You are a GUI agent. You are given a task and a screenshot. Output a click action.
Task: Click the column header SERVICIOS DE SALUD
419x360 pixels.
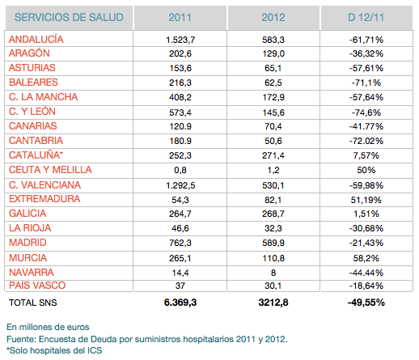(69, 18)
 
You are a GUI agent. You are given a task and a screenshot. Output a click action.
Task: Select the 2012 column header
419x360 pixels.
(273, 18)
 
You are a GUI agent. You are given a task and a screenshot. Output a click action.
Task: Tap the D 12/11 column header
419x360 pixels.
(366, 18)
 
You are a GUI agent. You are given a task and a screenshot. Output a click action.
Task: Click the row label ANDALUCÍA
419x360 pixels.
(36, 40)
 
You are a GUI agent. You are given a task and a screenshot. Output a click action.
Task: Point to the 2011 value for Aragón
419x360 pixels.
(180, 53)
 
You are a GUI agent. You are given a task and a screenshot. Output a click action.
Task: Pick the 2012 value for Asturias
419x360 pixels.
(273, 68)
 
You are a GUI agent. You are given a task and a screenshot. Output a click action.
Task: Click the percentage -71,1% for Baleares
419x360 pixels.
(366, 83)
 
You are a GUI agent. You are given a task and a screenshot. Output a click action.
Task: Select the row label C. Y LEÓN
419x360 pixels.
(32, 112)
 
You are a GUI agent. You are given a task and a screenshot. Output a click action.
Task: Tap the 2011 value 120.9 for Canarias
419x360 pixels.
(180, 126)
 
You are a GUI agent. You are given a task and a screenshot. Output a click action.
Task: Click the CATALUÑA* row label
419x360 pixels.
(36, 155)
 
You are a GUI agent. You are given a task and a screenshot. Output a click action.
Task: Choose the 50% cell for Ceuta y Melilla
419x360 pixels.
(366, 170)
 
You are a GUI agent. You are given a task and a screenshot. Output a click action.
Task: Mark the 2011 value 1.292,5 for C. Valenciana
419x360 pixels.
(180, 185)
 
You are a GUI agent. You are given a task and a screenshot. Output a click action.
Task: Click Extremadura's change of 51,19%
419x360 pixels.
(366, 200)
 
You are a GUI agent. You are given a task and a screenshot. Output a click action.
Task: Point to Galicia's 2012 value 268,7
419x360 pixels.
(273, 214)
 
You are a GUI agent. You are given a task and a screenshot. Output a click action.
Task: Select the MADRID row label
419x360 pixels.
(28, 243)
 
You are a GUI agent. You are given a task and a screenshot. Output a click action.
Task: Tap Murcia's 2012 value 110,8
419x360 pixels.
(273, 258)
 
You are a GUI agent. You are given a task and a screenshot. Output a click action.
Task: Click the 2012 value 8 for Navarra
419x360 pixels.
(273, 273)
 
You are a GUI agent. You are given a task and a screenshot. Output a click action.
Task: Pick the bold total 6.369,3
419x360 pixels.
(180, 303)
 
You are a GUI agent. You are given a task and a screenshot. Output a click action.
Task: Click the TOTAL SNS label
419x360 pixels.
(33, 303)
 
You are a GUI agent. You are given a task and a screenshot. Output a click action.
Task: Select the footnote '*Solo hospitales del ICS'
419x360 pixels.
(54, 350)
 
